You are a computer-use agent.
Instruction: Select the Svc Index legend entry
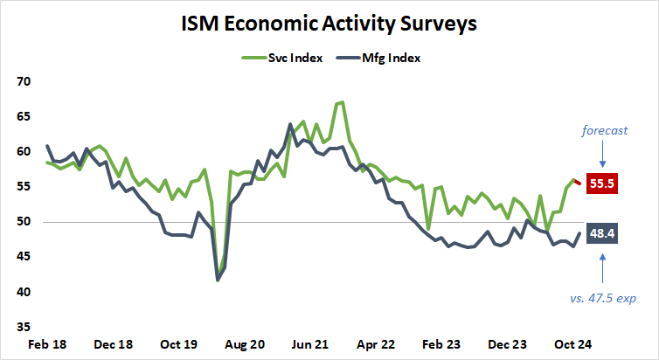tap(282, 59)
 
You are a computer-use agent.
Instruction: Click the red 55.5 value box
tap(602, 185)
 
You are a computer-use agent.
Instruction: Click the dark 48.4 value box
tap(602, 234)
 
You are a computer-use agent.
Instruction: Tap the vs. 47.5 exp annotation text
tap(602, 298)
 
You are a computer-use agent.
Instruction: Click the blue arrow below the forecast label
tap(602, 156)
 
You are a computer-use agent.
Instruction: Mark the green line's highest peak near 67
tap(341, 102)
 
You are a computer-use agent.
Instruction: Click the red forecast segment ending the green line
tap(577, 181)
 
